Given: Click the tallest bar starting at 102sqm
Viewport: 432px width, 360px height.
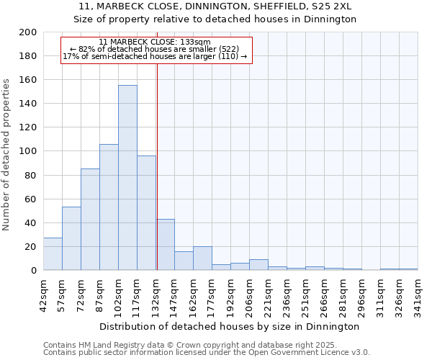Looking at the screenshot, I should coord(127,178).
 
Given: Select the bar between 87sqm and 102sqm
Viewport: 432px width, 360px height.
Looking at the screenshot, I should coord(109,207).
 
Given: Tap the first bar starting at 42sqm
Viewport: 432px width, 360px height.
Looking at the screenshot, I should coord(53,254).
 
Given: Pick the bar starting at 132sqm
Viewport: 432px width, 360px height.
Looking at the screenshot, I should coord(165,245).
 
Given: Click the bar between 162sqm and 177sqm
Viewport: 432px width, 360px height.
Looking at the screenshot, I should coord(202,258).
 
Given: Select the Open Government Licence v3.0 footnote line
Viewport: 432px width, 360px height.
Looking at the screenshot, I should coord(206,353).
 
